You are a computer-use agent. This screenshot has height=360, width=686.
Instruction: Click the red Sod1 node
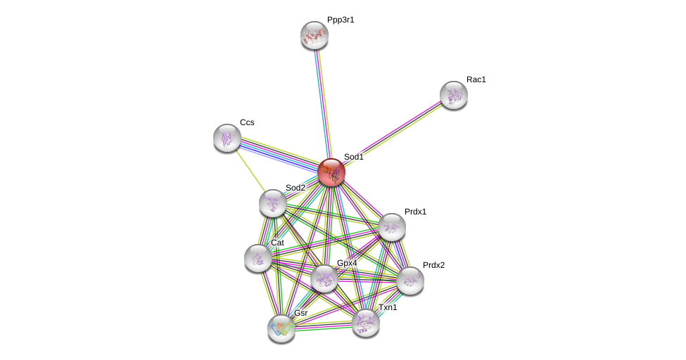(331, 172)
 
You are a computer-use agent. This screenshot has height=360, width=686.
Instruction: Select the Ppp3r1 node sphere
(315, 35)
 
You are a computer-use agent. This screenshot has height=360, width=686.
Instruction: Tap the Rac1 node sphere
(454, 95)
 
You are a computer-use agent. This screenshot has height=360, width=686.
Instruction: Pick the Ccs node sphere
(227, 138)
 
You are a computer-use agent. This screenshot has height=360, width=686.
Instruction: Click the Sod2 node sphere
(273, 203)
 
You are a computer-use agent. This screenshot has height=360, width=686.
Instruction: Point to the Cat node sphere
(258, 258)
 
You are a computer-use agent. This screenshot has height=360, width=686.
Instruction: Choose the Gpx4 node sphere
(324, 278)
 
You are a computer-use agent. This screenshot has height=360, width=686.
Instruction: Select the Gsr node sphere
(281, 328)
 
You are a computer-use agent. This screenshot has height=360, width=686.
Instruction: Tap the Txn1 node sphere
(366, 323)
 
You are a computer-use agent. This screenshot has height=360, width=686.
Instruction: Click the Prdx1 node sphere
(392, 227)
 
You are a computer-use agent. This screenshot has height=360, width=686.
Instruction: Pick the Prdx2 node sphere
(410, 281)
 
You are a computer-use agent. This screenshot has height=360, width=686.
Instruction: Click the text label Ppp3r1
(341, 20)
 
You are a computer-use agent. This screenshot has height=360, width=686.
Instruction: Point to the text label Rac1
(476, 79)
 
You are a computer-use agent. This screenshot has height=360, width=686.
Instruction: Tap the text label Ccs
(247, 122)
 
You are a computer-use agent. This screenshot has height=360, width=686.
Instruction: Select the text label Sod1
(354, 157)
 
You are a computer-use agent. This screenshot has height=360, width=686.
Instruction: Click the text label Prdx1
(416, 212)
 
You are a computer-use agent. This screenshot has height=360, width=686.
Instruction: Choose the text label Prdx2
(434, 265)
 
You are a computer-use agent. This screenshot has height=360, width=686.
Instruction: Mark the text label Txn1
(388, 307)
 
